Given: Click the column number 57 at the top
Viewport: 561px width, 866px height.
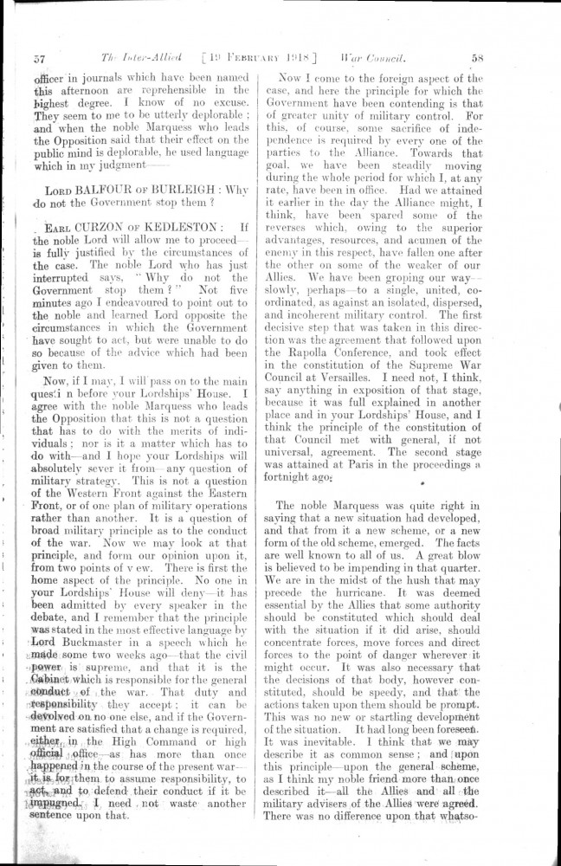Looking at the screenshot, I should click(39, 60).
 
